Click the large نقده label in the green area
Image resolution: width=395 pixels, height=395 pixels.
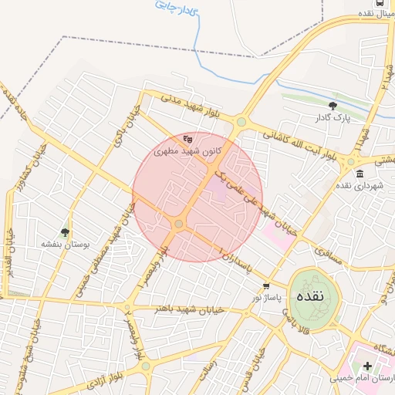click(316, 295)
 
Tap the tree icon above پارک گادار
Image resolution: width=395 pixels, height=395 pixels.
click(333, 106)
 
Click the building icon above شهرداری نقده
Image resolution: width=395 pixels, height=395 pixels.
click(350, 173)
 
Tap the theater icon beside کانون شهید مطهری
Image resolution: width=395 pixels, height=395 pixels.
click(187, 139)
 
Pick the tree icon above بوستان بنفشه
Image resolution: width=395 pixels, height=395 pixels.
click(65, 231)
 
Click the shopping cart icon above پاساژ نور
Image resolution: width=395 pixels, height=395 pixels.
click(265, 285)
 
